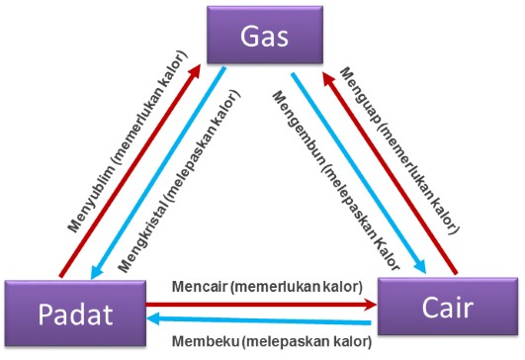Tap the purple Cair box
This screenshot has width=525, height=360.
click(x=448, y=306)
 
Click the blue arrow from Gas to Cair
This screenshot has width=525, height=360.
click(x=356, y=168)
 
